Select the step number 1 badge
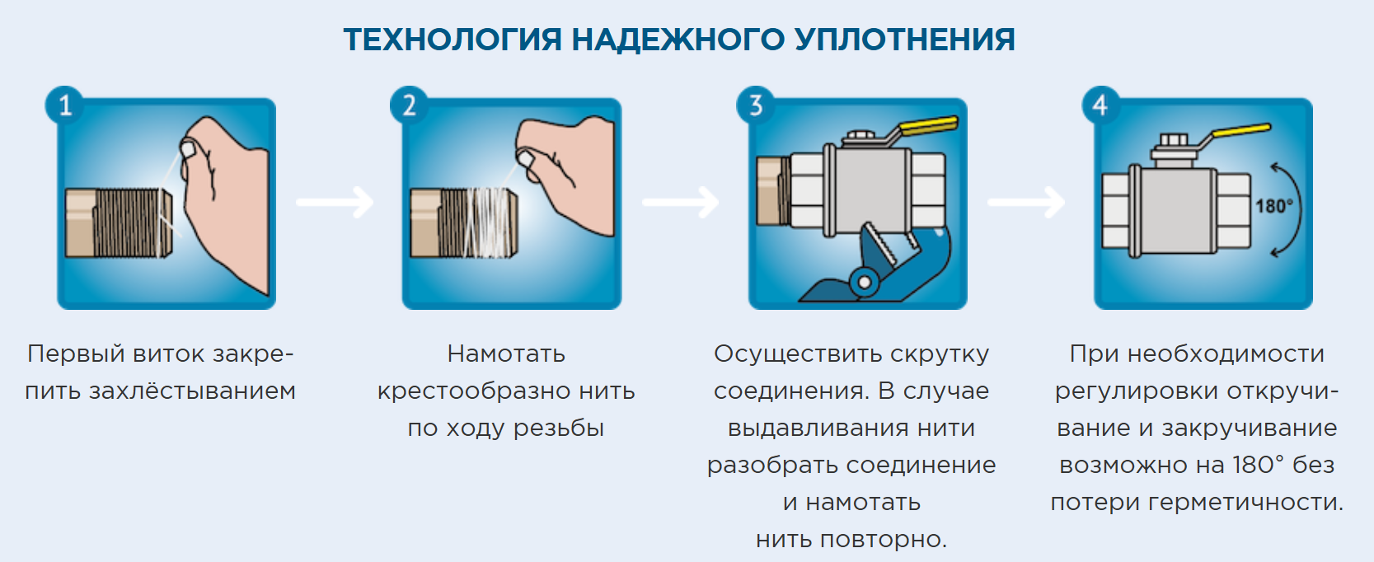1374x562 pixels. point(64,105)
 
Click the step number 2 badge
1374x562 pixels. point(409,105)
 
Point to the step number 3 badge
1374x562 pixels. point(755,105)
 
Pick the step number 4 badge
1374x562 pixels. point(1100,105)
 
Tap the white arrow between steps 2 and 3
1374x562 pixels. point(681,202)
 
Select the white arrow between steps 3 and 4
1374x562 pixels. point(1026,202)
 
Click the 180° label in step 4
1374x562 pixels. point(1273,206)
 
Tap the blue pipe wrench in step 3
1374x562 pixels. point(874,268)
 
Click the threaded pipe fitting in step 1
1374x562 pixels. point(120,222)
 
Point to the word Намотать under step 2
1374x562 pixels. point(506,354)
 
